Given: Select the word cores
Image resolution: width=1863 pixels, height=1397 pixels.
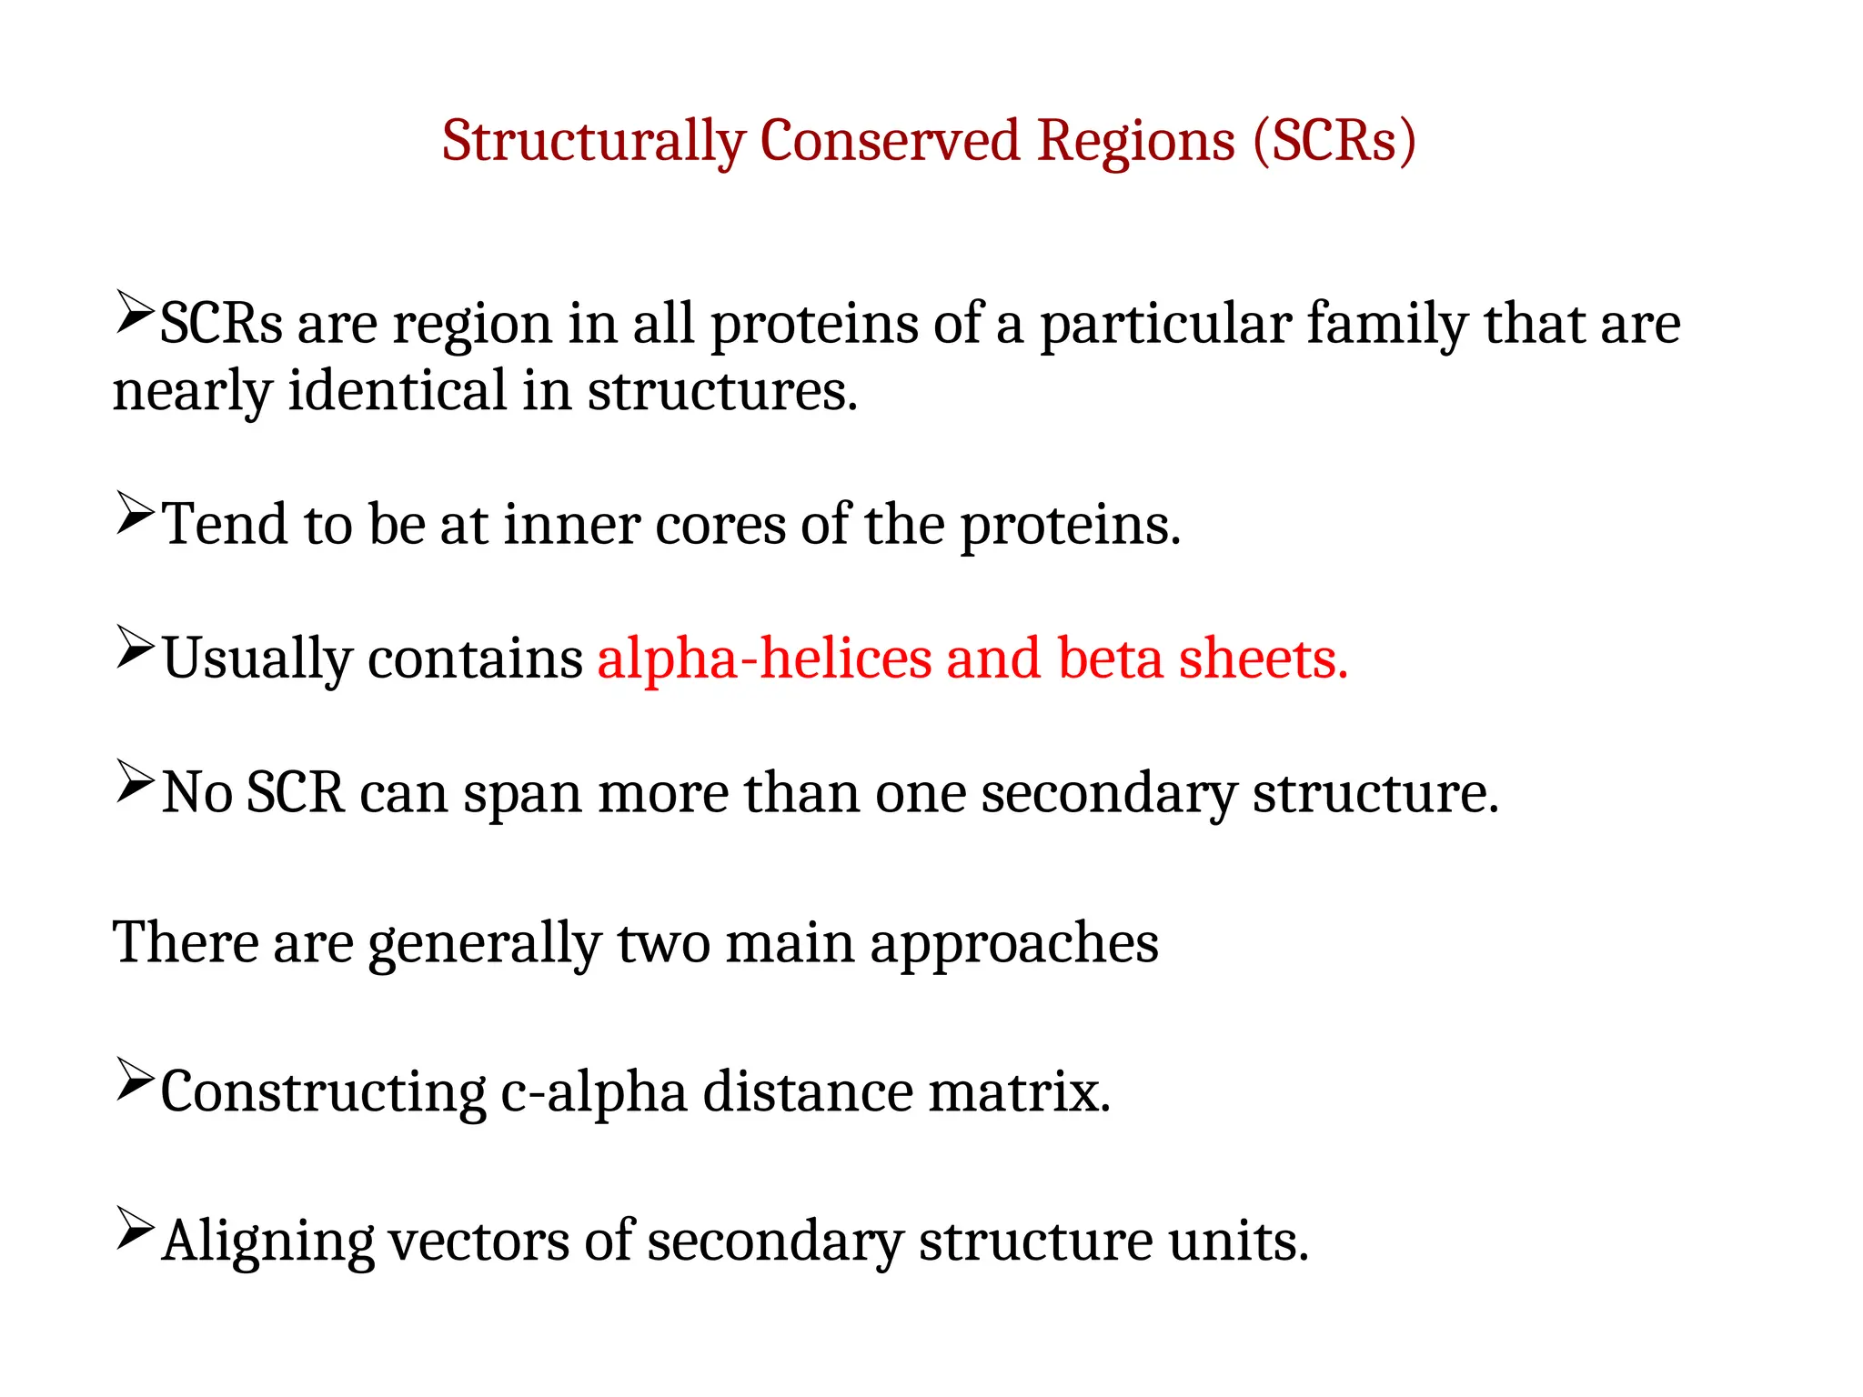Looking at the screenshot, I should tap(720, 525).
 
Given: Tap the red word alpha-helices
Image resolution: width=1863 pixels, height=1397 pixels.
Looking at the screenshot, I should tap(764, 658).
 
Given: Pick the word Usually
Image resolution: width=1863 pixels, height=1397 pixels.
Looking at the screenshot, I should tap(257, 658).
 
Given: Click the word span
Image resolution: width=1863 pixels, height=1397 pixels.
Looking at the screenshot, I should tap(522, 793).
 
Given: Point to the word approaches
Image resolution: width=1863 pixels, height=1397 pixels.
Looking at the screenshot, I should tap(1013, 942).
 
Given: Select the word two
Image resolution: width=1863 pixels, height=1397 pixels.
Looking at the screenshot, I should tap(664, 942).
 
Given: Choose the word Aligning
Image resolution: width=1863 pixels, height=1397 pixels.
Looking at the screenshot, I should tap(267, 1241).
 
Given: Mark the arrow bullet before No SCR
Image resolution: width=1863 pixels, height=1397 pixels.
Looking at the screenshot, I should tap(135, 781).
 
